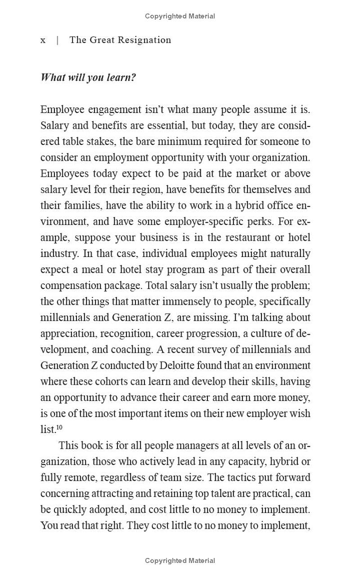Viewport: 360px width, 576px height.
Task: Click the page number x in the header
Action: pyautogui.click(x=43, y=40)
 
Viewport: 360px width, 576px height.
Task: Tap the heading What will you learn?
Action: pyautogui.click(x=88, y=77)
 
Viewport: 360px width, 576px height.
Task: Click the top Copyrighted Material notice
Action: pyautogui.click(x=180, y=16)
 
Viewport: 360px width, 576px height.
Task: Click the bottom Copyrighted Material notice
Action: pyautogui.click(x=180, y=561)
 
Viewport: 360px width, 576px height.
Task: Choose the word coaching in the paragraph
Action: pyautogui.click(x=131, y=350)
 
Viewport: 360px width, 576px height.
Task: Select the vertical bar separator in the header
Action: pyautogui.click(x=58, y=40)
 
